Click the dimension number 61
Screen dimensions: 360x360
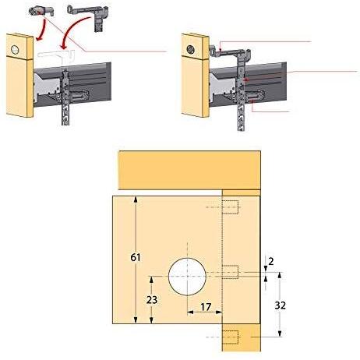point(136,257)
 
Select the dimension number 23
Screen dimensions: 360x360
point(152,300)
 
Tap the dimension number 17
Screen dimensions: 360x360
point(206,307)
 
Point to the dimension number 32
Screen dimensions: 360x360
point(281,305)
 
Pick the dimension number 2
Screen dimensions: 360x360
point(271,262)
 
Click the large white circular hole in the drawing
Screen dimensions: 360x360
point(187,277)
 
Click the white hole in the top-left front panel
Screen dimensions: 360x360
point(15,49)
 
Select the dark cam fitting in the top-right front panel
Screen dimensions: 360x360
point(191,49)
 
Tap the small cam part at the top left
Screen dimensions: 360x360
point(41,11)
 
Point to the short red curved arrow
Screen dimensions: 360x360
point(42,30)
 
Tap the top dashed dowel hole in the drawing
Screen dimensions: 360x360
point(230,207)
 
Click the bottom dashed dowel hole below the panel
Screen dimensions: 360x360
point(230,337)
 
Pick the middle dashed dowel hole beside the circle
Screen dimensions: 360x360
point(230,272)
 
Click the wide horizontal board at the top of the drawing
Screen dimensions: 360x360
point(189,170)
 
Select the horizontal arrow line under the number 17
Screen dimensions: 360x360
point(205,312)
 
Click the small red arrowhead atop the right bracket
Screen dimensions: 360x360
point(220,50)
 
